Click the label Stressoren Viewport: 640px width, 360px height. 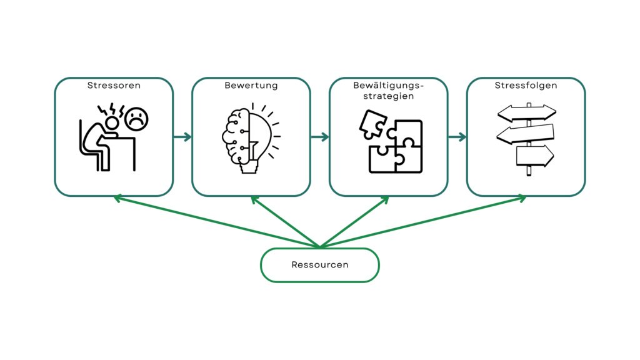click(114, 85)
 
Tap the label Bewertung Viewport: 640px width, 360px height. click(251, 85)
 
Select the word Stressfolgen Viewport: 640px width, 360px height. click(526, 85)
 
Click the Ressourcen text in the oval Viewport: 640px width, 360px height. click(319, 264)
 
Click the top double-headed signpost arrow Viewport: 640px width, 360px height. click(526, 113)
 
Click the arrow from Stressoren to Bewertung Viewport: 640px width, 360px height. click(182, 137)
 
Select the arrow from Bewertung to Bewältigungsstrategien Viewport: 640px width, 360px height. click(320, 137)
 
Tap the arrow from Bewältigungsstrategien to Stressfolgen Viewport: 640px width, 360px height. click(457, 137)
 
